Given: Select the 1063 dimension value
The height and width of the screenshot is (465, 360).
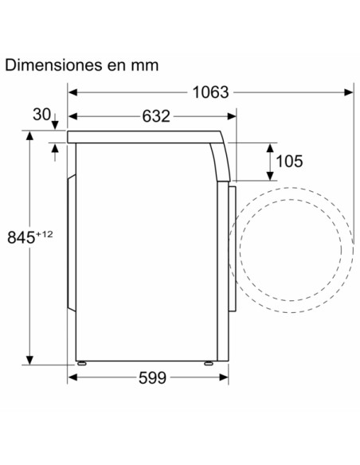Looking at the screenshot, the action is point(210,92).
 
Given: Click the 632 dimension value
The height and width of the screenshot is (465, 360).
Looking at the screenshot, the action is point(156,116).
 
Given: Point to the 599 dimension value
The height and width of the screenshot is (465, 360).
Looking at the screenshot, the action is point(152,377).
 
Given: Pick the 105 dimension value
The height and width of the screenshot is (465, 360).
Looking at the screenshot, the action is point(289,162).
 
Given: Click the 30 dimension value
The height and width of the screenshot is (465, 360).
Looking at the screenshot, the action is point(41,115).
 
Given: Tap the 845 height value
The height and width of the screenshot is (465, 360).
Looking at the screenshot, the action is point(21,237).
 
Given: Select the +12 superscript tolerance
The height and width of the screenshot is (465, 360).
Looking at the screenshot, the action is point(45,234).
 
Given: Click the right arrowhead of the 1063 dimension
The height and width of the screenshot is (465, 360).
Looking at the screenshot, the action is point(349,92).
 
